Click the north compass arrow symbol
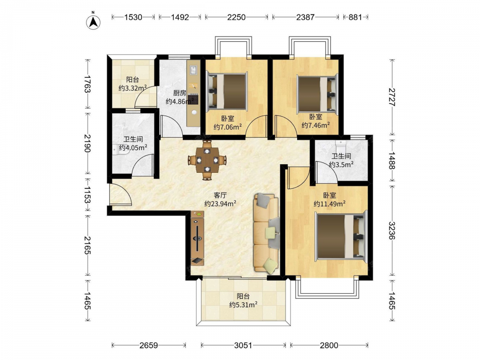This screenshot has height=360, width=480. click(94, 22)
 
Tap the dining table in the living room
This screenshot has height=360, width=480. click(207, 159)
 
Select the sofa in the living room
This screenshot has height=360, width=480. click(266, 232)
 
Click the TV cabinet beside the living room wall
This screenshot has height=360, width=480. click(197, 238)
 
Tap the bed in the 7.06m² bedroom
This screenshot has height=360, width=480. click(227, 91)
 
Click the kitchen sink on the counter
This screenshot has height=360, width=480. click(193, 70)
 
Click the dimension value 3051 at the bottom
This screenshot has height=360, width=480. click(243, 346)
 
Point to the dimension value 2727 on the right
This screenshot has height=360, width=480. click(392, 97)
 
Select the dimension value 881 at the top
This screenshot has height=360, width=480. click(355, 17)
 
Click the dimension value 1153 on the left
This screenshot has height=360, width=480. click(87, 195)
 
